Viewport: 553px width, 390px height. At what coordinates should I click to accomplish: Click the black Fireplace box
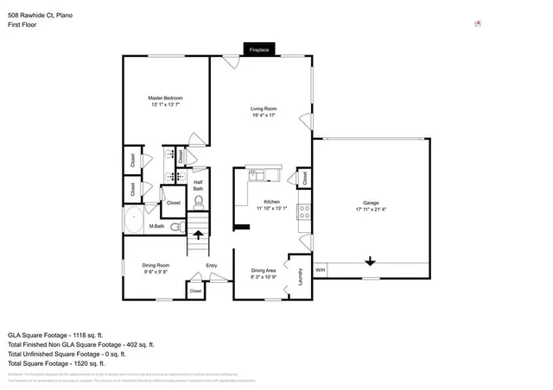pyautogui.click(x=259, y=50)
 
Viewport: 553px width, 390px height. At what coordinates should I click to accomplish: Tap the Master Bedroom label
pyautogui.click(x=166, y=98)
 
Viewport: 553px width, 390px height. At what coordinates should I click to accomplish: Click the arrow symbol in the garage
pyautogui.click(x=370, y=261)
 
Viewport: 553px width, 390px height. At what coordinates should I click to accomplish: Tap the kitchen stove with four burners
pyautogui.click(x=304, y=210)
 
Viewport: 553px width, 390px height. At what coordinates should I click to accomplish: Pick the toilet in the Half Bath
pyautogui.click(x=199, y=203)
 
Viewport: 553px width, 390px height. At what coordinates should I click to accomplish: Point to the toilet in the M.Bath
pyautogui.click(x=176, y=227)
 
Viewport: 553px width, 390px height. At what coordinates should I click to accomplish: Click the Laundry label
pyautogui.click(x=300, y=279)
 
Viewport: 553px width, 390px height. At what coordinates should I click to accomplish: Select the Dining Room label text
pyautogui.click(x=156, y=265)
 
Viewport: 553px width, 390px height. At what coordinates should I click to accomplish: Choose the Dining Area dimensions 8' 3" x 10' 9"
pyautogui.click(x=264, y=276)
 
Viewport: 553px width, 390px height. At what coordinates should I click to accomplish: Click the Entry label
pyautogui.click(x=211, y=265)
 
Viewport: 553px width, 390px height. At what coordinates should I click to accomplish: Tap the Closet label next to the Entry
pyautogui.click(x=195, y=291)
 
